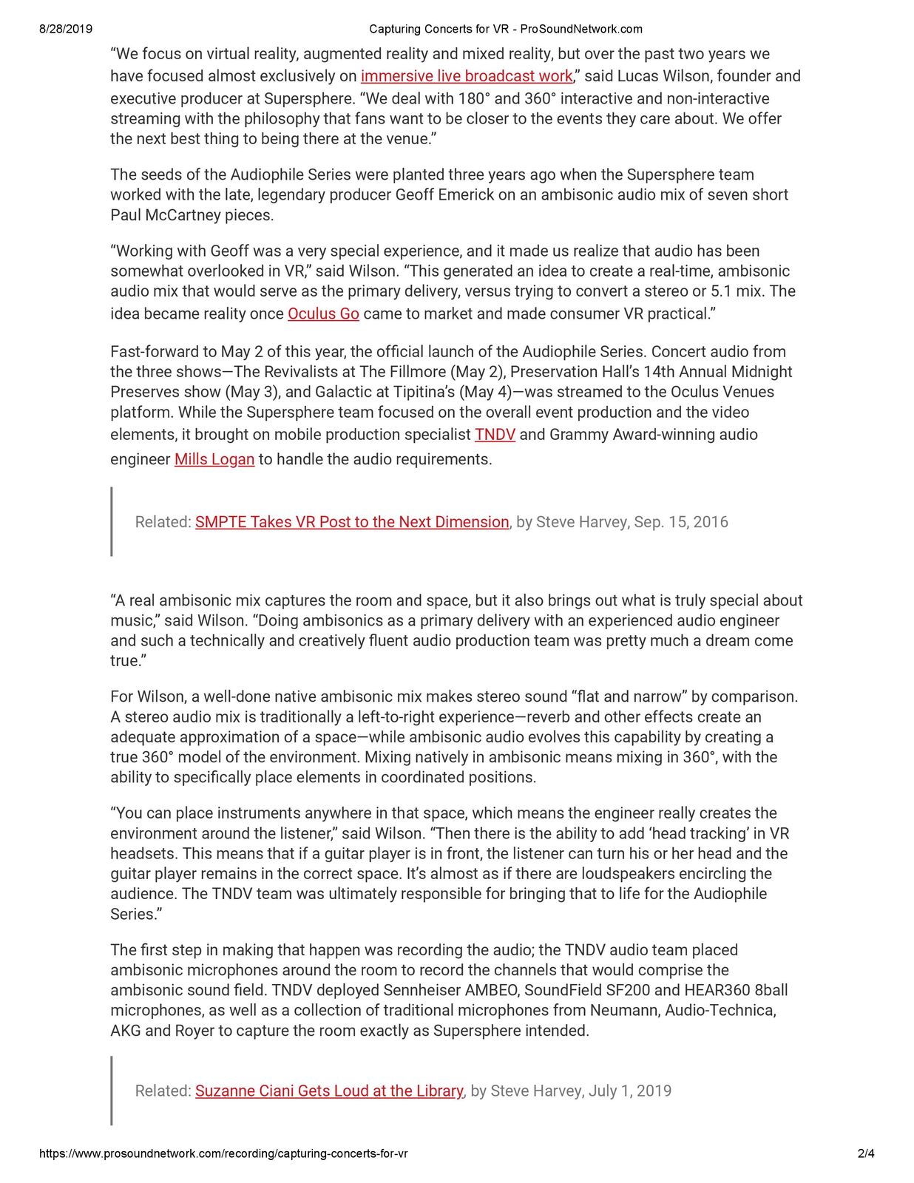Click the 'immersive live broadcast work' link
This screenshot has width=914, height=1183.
pos(467,76)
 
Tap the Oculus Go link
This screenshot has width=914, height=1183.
pos(323,313)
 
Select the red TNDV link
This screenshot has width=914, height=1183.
pos(495,435)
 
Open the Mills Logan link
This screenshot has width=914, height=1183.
pos(214,459)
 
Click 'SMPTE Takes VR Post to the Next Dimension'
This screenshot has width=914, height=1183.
pos(352,522)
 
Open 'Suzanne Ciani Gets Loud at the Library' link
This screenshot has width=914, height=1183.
pos(329,1091)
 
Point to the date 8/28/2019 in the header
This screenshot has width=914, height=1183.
pos(66,30)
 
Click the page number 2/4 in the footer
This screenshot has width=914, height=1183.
pos(866,1153)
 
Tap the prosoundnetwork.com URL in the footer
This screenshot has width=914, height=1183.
pos(223,1153)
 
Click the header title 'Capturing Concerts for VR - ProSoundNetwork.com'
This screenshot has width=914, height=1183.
pos(506,30)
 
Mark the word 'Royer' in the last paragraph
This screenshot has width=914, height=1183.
pos(194,1031)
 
